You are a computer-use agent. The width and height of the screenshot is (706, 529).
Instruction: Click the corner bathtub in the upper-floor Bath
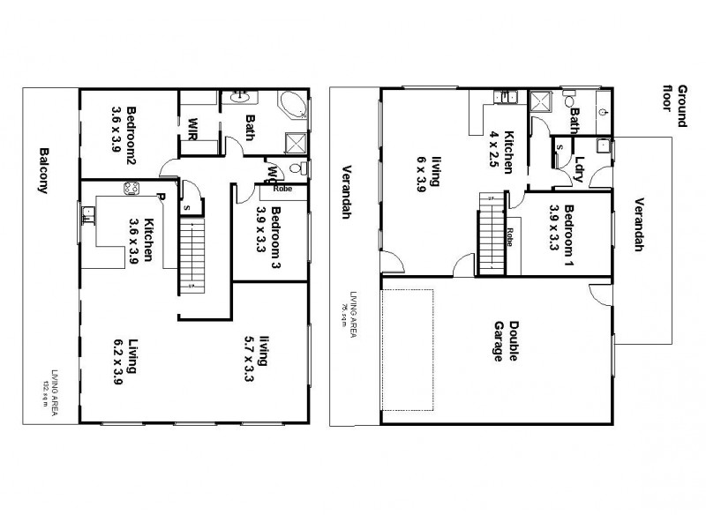292,107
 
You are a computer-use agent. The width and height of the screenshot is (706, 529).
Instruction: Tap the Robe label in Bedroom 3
282,188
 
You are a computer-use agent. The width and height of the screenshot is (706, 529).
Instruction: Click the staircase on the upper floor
192,257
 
